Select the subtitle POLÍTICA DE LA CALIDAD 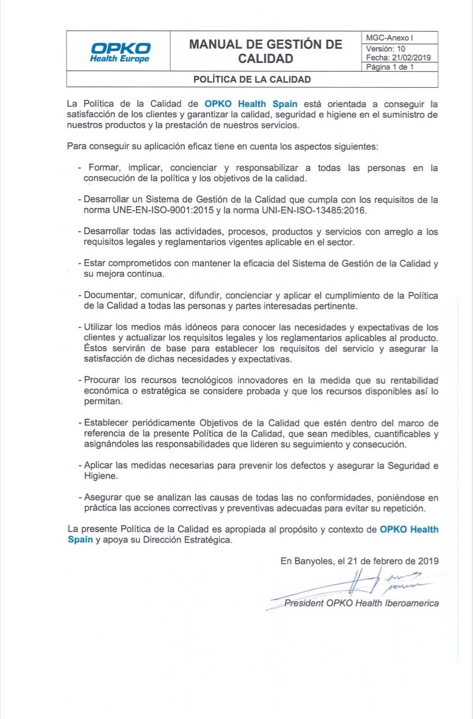point(252,79)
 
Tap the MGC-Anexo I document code point(386,38)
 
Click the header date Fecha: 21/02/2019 point(398,58)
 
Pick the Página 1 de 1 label point(390,67)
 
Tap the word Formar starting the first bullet point(105,167)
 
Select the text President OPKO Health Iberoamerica point(361,603)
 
